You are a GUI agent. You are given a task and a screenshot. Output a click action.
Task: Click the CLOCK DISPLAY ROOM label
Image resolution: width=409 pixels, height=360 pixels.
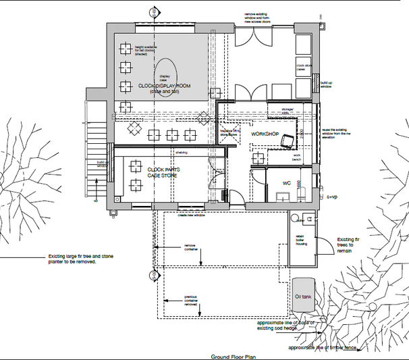pyautogui.click(x=164, y=88)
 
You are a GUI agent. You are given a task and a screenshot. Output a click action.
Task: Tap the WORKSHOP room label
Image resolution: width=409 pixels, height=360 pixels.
pyautogui.click(x=265, y=134)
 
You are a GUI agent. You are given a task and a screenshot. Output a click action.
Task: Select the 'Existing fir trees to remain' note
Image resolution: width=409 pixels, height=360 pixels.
pyautogui.click(x=355, y=244)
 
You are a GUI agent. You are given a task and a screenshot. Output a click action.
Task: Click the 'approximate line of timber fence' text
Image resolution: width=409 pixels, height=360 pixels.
pyautogui.click(x=331, y=348)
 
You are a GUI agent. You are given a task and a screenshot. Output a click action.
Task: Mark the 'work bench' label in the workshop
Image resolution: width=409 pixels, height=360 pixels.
pyautogui.click(x=296, y=157)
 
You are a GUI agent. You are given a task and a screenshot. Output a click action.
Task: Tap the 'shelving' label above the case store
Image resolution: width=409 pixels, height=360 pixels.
pyautogui.click(x=182, y=152)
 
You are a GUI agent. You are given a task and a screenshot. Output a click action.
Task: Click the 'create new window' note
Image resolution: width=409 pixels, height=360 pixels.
pyautogui.click(x=191, y=215)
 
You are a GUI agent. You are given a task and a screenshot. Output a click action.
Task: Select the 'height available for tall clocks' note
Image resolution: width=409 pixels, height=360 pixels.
pyautogui.click(x=145, y=51)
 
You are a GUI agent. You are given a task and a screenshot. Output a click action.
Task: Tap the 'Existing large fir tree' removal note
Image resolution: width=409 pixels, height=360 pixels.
pyautogui.click(x=72, y=259)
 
